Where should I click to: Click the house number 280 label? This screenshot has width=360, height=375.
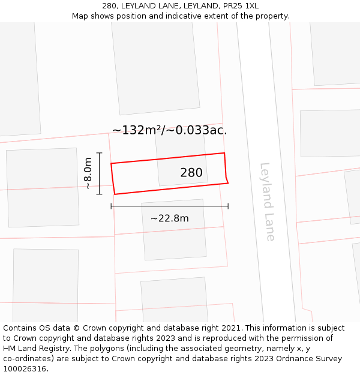pyautogui.click(x=191, y=173)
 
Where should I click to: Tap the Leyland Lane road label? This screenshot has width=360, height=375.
pyautogui.click(x=268, y=202)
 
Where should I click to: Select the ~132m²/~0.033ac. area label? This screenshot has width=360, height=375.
pyautogui.click(x=170, y=130)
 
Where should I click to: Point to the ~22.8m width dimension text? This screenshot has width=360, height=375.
pyautogui.click(x=169, y=218)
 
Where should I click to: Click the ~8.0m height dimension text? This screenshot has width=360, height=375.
pyautogui.click(x=88, y=173)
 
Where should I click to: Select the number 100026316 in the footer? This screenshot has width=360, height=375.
pyautogui.click(x=25, y=369)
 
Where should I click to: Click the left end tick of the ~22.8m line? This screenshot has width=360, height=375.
pyautogui.click(x=111, y=206)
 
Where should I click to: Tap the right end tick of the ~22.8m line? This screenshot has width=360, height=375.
pyautogui.click(x=228, y=206)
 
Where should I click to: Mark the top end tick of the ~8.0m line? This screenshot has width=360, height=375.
pyautogui.click(x=99, y=153)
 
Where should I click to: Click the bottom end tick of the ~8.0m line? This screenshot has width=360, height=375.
pyautogui.click(x=99, y=194)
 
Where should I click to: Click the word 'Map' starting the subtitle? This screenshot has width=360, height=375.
pyautogui.click(x=80, y=16)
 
